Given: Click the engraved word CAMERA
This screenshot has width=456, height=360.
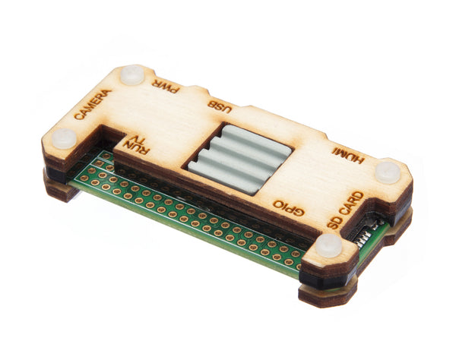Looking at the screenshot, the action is coord(93,104).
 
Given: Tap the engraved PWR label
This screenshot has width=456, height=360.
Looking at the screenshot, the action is coord(164,87).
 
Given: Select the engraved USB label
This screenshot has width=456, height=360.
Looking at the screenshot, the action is coord(220,107).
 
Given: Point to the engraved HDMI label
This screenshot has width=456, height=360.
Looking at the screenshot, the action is coord(348,155).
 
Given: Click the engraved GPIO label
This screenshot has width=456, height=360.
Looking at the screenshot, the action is coord(289,207).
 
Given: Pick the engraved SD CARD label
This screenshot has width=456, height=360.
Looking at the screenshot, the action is coord(346,210).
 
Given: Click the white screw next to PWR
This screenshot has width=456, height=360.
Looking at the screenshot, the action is coord(132,74).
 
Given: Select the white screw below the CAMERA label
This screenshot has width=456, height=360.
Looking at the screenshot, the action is coord(65,138).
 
